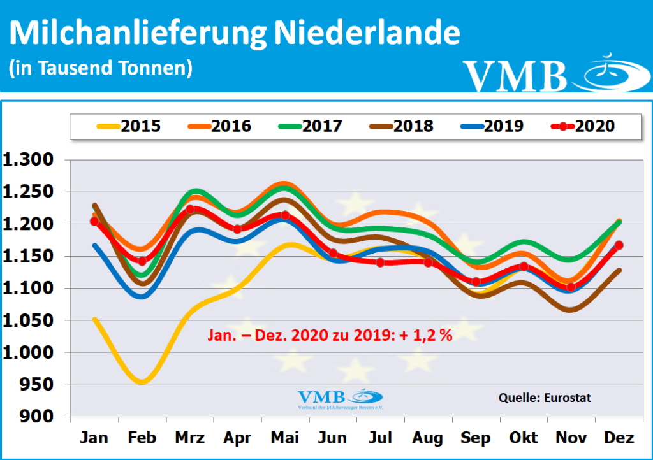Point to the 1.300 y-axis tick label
(x=31, y=161)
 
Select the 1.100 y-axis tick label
(x=31, y=289)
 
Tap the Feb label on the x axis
(x=141, y=438)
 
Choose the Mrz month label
(x=189, y=438)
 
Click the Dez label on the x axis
(x=618, y=438)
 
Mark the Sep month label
(x=476, y=438)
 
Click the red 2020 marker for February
(x=142, y=261)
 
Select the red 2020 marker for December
(x=619, y=245)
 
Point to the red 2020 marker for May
(x=285, y=215)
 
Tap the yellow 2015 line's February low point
(x=142, y=382)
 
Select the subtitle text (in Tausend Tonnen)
(x=100, y=68)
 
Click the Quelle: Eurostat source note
(x=545, y=398)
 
